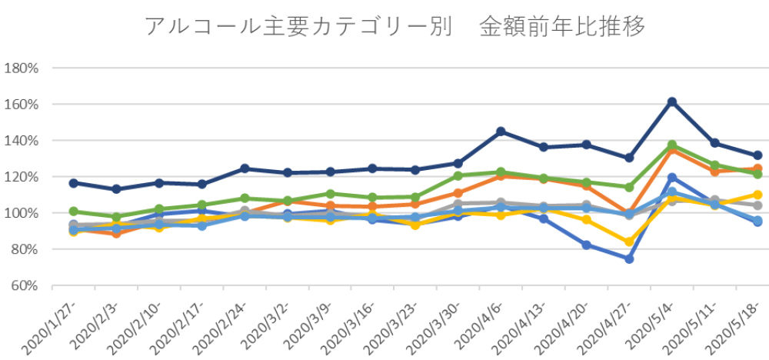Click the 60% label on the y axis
click(x=24, y=285)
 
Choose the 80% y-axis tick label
click(x=24, y=249)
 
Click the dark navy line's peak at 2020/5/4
click(x=672, y=102)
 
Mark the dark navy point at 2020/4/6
click(x=501, y=132)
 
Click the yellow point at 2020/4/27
click(x=629, y=242)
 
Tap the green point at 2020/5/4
click(x=672, y=145)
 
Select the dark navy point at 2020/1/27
click(x=73, y=183)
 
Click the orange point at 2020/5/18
click(x=757, y=168)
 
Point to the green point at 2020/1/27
click(x=73, y=211)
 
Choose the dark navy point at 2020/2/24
click(x=245, y=168)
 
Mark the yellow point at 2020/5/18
click(x=757, y=195)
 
